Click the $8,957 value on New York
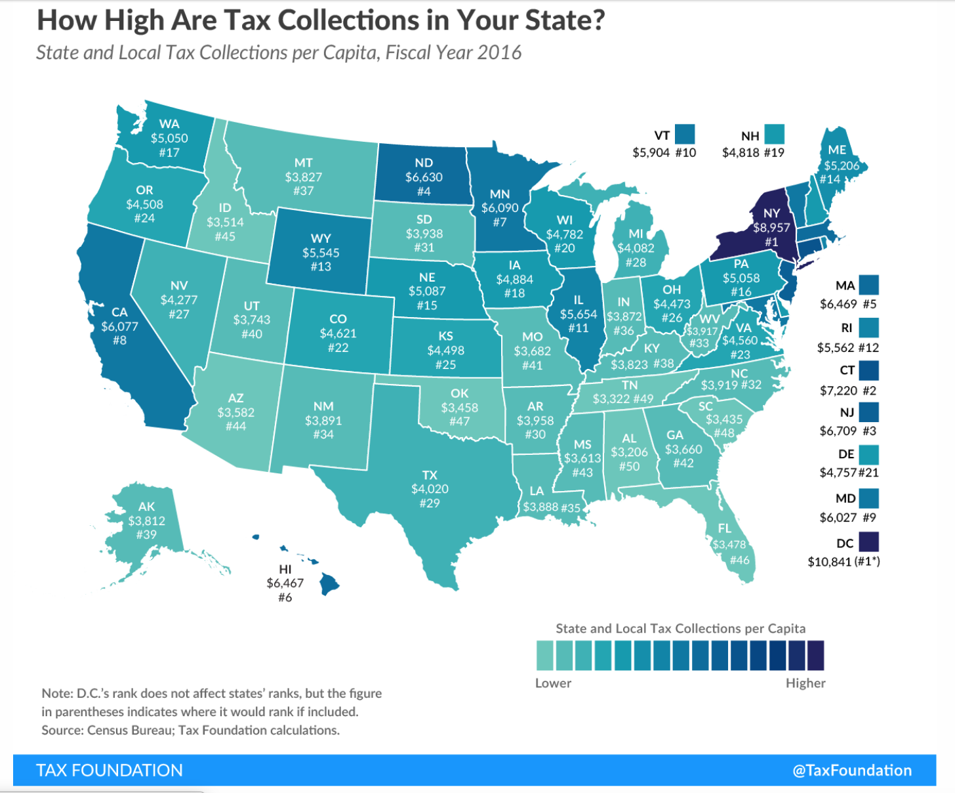click(771, 228)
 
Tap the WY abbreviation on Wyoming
click(321, 238)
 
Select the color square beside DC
click(868, 542)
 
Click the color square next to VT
click(685, 135)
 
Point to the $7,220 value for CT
click(838, 391)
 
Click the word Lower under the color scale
click(553, 683)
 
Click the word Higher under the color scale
click(805, 683)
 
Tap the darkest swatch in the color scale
click(816, 655)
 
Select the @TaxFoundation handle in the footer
click(852, 770)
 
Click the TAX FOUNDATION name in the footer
click(110, 770)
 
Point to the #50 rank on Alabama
click(629, 466)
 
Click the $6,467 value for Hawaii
click(285, 583)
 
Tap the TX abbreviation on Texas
click(430, 475)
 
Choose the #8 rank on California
click(119, 340)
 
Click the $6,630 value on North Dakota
click(424, 177)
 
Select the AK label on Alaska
click(146, 506)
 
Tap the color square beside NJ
click(868, 412)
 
